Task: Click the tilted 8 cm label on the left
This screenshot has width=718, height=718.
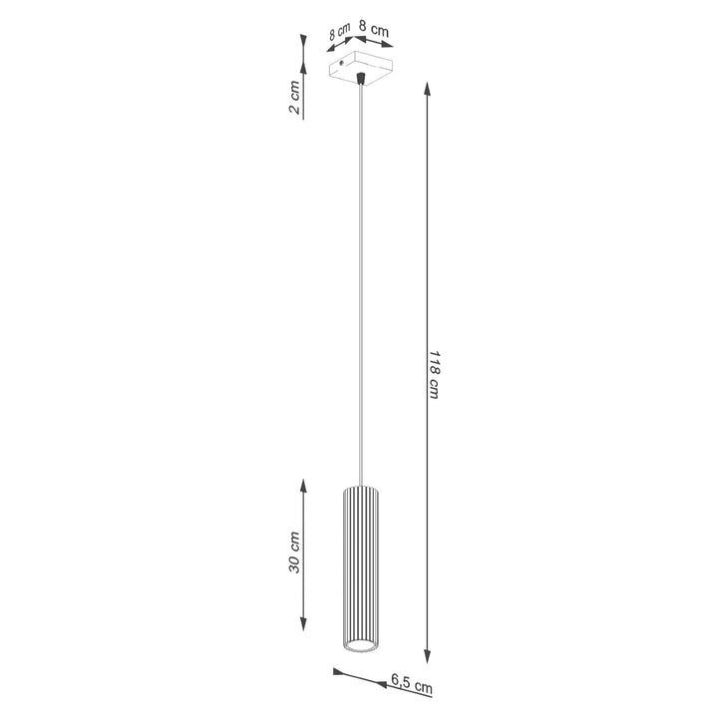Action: (339, 33)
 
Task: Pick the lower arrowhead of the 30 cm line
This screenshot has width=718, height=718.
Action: (304, 638)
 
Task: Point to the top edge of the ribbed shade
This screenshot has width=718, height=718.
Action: (361, 487)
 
